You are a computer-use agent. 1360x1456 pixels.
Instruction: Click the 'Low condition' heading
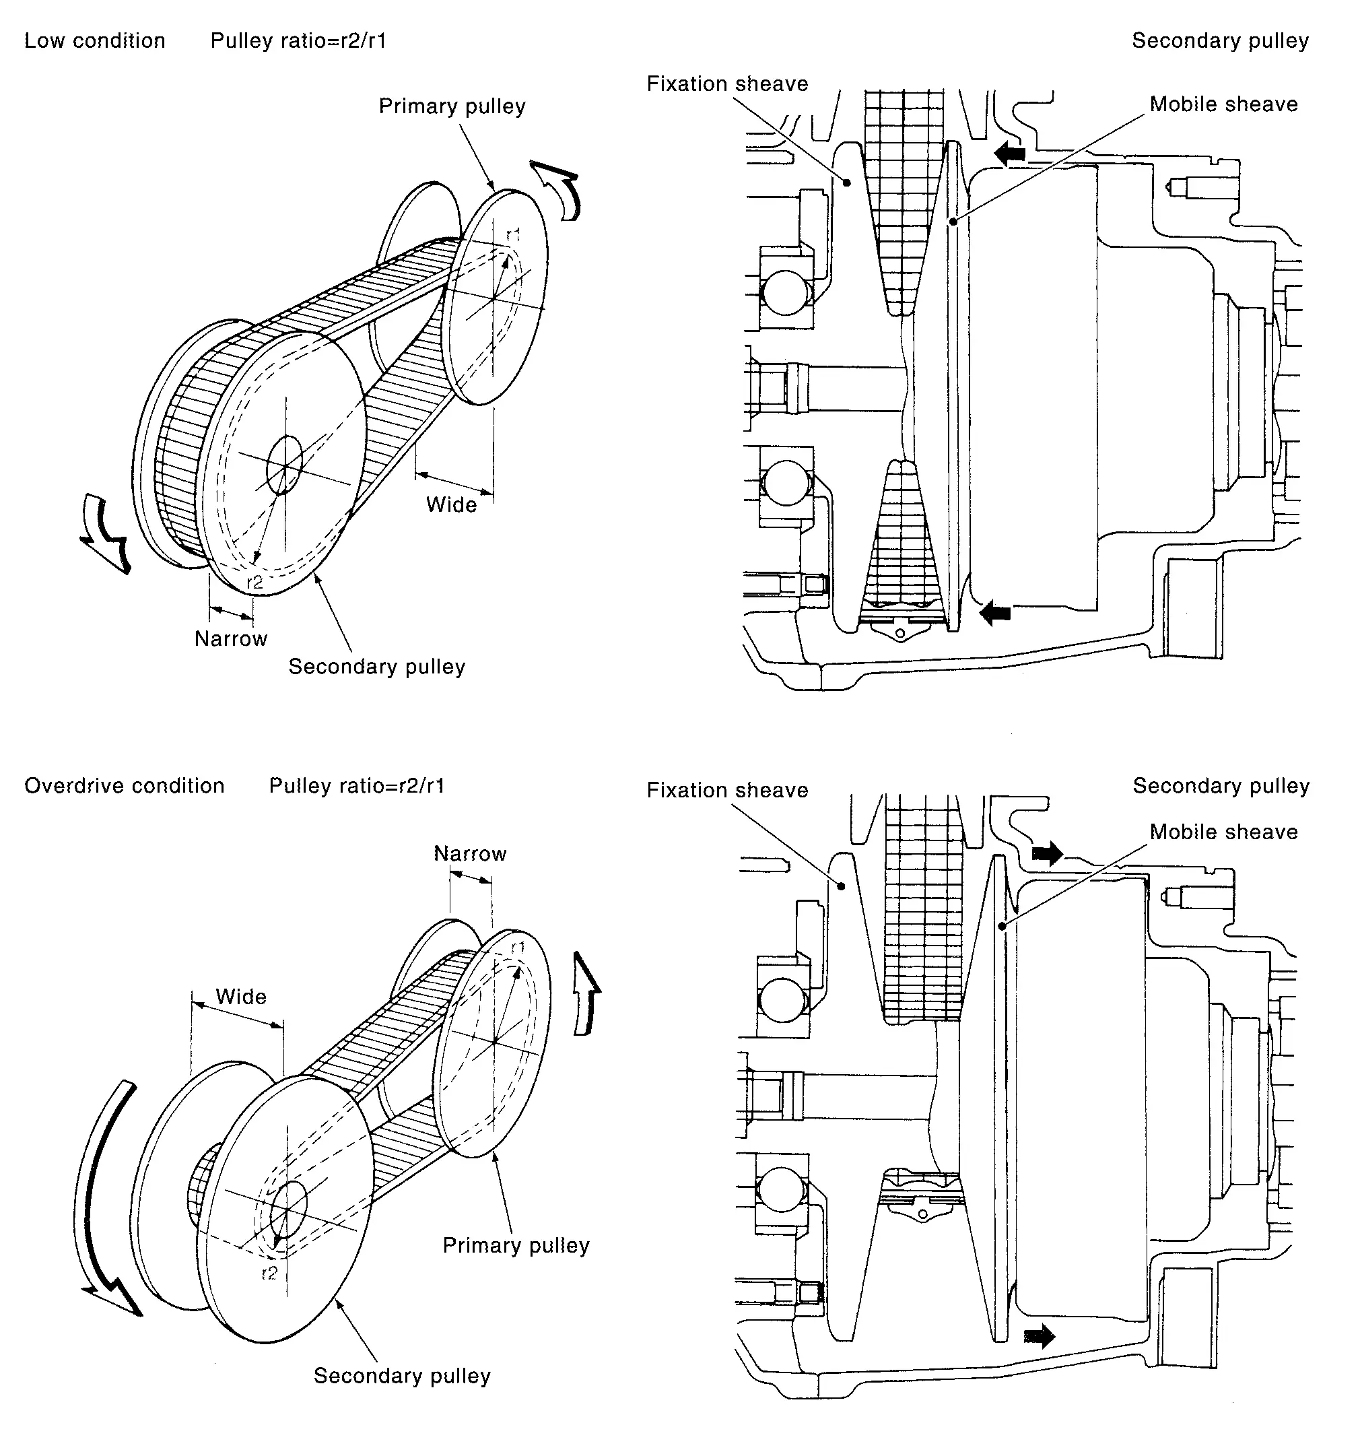[94, 41]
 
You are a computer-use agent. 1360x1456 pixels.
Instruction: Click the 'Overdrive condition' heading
[125, 786]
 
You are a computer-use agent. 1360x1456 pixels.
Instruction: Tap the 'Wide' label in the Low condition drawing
[451, 504]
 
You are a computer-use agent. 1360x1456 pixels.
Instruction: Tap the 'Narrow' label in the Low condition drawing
[231, 638]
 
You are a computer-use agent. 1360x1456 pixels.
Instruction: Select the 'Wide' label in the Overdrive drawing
[241, 997]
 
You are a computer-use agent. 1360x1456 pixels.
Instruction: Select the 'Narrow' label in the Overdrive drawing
[470, 853]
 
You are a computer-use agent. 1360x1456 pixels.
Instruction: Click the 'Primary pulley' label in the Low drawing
[452, 106]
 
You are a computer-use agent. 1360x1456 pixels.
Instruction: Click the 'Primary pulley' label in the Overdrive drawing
[516, 1245]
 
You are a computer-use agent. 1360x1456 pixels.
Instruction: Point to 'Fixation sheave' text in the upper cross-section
[727, 84]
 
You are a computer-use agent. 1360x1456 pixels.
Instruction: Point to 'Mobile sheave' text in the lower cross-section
[1224, 832]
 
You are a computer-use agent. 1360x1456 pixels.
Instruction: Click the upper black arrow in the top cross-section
[1010, 152]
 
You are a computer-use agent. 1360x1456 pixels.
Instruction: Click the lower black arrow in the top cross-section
[995, 611]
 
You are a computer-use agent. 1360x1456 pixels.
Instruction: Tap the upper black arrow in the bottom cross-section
[1048, 853]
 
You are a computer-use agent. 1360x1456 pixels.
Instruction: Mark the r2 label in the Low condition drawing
[254, 583]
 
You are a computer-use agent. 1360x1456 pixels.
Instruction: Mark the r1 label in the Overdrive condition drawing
[518, 948]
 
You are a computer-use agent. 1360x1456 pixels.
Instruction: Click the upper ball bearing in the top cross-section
[785, 293]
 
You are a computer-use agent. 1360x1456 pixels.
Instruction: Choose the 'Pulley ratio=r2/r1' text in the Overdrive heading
[357, 786]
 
